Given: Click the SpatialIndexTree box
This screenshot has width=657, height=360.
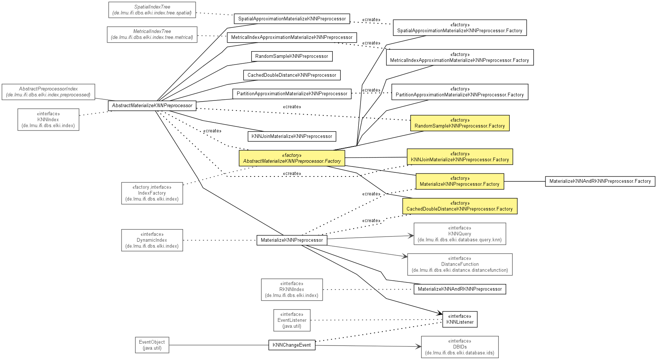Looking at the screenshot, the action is [x=152, y=10].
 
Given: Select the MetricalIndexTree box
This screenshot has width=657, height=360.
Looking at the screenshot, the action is [x=152, y=34].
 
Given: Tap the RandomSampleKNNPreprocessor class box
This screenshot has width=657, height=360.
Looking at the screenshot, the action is [x=292, y=56].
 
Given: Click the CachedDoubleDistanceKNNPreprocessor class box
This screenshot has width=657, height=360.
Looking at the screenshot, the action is [x=292, y=75].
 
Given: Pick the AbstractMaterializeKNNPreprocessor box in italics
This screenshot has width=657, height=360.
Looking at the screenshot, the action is [x=152, y=106].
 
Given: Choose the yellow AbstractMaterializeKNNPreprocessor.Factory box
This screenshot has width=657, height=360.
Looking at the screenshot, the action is [x=292, y=158].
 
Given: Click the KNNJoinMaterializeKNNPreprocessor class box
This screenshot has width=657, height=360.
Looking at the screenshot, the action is [x=292, y=136].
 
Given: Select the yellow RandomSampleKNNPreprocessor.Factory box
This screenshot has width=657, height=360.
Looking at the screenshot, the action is [x=460, y=123].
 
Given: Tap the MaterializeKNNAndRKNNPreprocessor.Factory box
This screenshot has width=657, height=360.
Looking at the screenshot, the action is [x=600, y=181].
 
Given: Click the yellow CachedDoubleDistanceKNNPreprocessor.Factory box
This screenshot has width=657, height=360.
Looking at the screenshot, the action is [x=460, y=206].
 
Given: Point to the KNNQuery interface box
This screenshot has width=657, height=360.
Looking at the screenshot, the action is [x=459, y=234].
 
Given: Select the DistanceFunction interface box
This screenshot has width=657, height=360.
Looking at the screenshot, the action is [x=460, y=264].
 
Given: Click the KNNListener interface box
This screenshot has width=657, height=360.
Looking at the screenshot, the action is [x=460, y=319].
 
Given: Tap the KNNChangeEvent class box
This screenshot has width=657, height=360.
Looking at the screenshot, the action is [x=292, y=345].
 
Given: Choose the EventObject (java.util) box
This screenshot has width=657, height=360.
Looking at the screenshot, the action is [x=152, y=345].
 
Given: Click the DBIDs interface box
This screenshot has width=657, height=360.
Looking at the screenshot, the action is [x=459, y=347].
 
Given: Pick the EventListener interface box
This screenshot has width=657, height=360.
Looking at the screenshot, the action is [x=292, y=320].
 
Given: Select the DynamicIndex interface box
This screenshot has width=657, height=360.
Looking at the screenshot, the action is [x=152, y=240].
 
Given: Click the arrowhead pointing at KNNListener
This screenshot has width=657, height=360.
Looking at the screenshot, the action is [x=440, y=314].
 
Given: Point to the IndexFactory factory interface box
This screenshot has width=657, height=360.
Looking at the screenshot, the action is [x=152, y=193].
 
